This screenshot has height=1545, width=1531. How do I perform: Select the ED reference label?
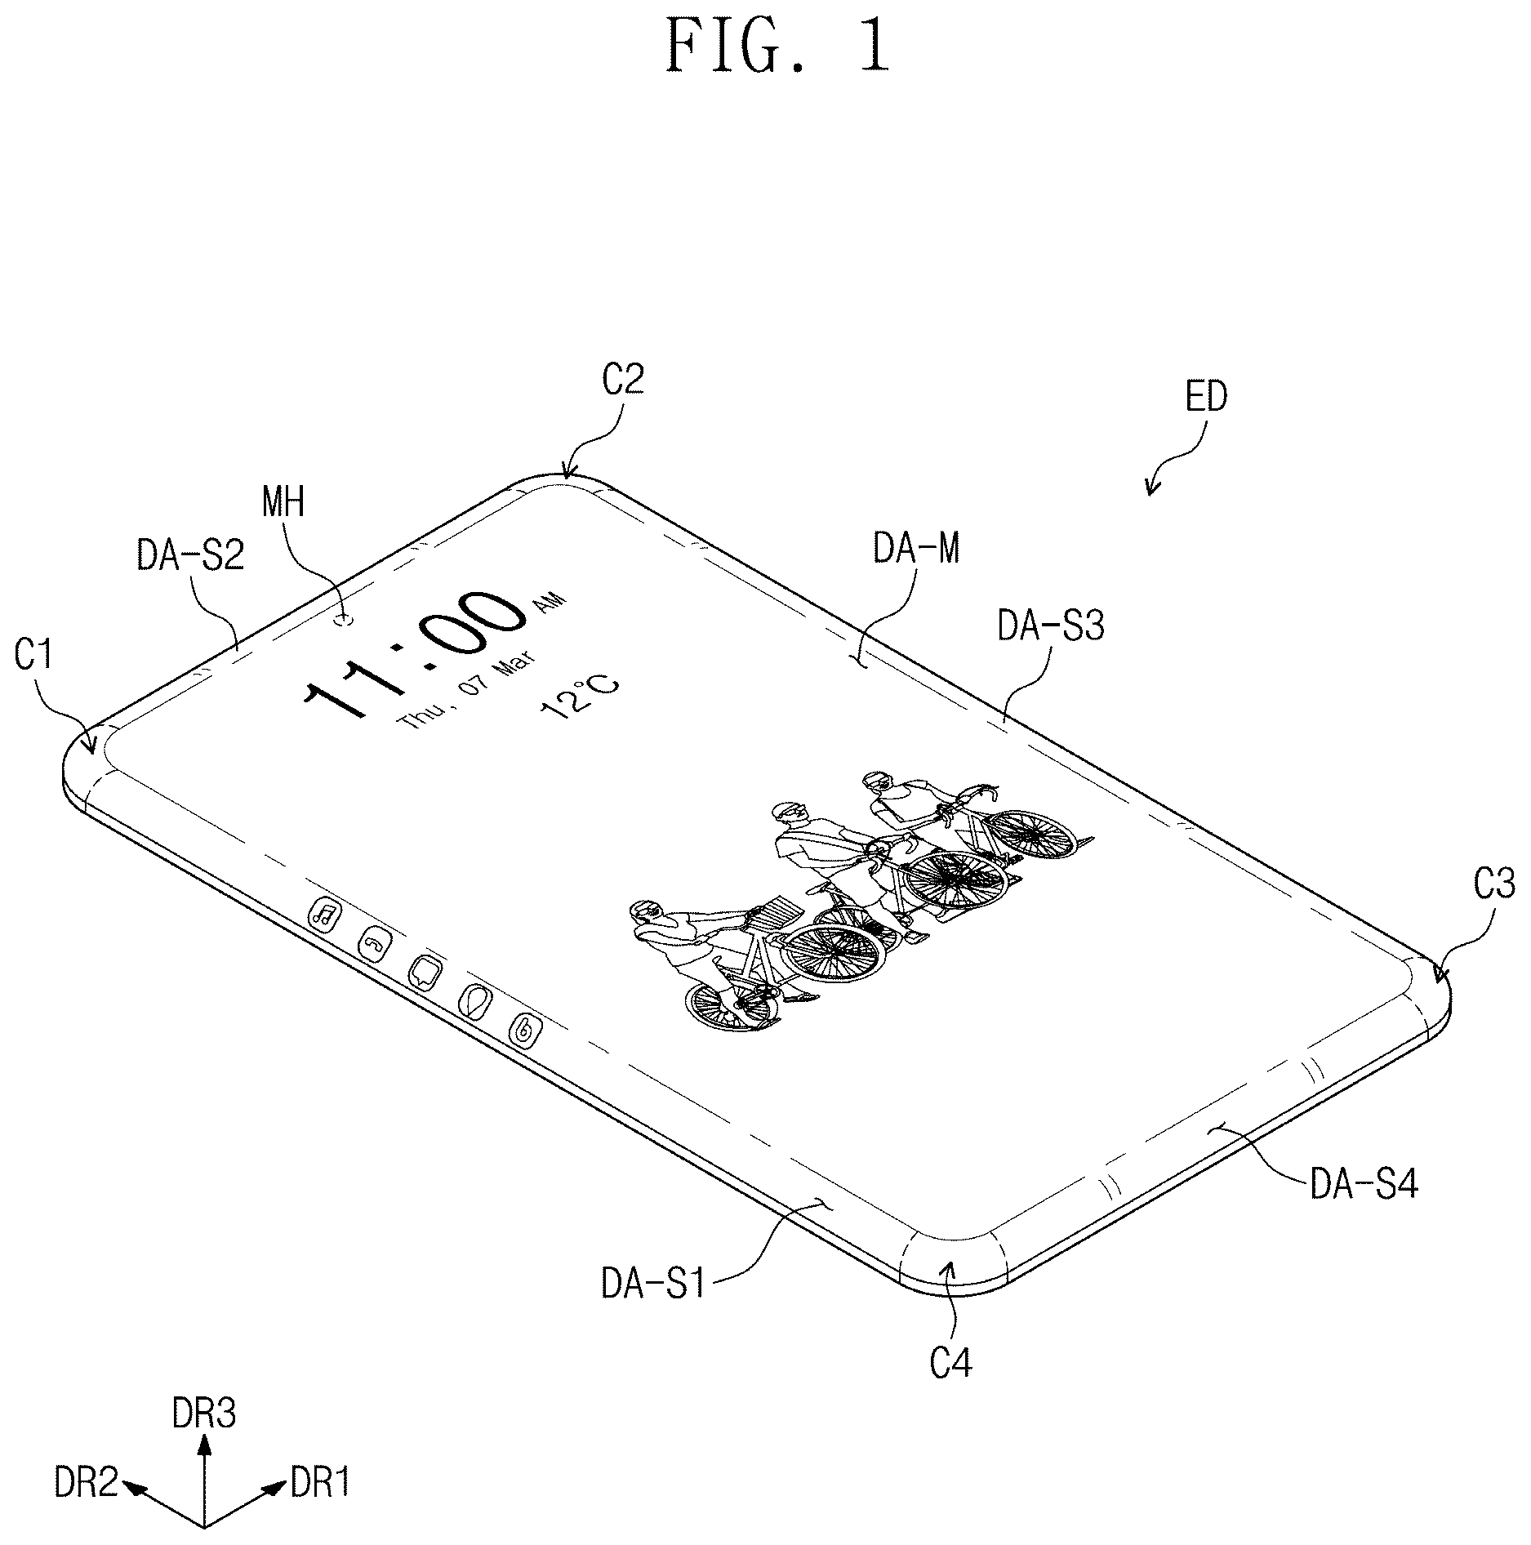(x=1207, y=398)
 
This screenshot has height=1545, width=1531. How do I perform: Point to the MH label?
(x=283, y=502)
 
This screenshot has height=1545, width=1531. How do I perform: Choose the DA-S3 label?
(x=1052, y=627)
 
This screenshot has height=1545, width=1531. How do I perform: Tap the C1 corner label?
(x=33, y=654)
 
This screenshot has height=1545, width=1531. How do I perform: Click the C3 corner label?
(x=1493, y=885)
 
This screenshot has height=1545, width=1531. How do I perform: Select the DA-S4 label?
(x=1364, y=1183)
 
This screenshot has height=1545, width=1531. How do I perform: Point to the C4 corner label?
(x=951, y=1363)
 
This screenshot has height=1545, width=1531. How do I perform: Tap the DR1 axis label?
(x=321, y=1482)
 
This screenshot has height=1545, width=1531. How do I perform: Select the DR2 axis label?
(x=87, y=1482)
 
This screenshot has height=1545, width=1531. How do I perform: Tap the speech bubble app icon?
(x=425, y=973)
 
